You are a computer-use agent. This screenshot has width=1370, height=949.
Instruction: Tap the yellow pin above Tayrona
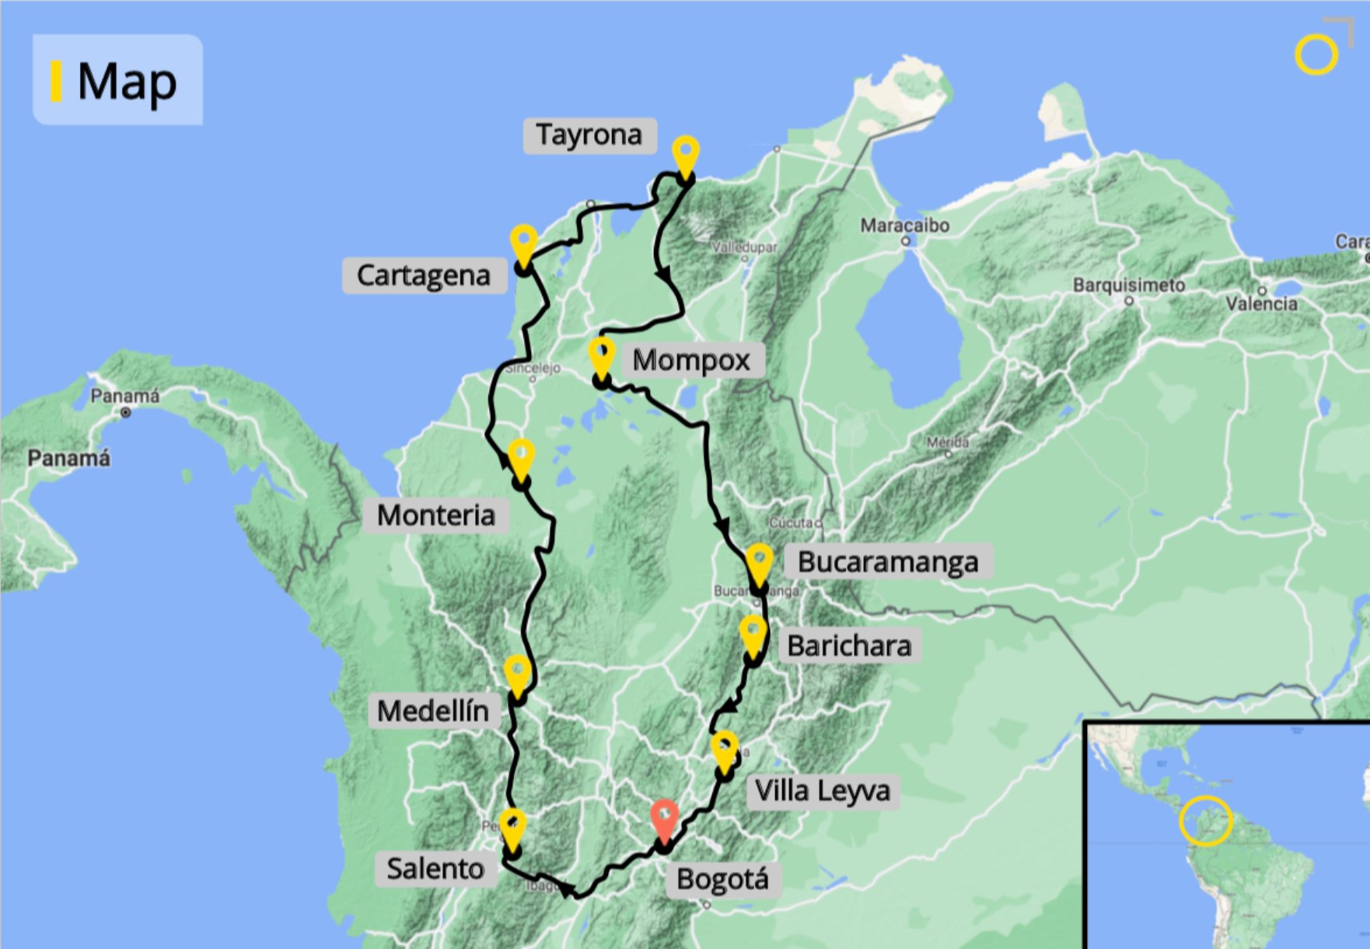coord(685,155)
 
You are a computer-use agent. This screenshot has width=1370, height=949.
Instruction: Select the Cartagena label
coord(424,276)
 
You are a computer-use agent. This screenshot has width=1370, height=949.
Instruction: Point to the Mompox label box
coord(691,360)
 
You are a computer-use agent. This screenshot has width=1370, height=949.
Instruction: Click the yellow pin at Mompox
coord(601,355)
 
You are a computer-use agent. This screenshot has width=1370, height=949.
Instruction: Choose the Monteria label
coord(436,515)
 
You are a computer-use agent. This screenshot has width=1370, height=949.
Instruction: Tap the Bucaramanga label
coord(887,562)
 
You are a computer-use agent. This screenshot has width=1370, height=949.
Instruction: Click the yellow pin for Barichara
coord(753,634)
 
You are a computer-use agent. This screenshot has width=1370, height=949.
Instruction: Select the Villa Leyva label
coord(823,791)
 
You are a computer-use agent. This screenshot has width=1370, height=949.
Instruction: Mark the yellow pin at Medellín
coord(517,673)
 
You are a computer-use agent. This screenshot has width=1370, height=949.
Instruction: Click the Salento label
coord(435,868)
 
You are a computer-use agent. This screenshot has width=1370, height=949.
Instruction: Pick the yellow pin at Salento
coord(512,828)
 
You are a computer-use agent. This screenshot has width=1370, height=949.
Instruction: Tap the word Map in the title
coord(127,81)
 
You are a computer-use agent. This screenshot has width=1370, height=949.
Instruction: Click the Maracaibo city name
coord(904,226)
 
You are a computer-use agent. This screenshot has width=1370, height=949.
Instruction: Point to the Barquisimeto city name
coord(1128,285)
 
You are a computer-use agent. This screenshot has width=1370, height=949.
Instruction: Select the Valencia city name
coord(1261,303)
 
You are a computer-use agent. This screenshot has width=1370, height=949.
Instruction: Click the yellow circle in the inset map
coord(1205,821)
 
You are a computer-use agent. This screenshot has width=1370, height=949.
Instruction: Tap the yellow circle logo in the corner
coord(1316,54)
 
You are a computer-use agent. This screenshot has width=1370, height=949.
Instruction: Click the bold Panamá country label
coord(68,458)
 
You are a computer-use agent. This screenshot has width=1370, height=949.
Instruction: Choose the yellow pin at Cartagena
coord(524,243)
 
